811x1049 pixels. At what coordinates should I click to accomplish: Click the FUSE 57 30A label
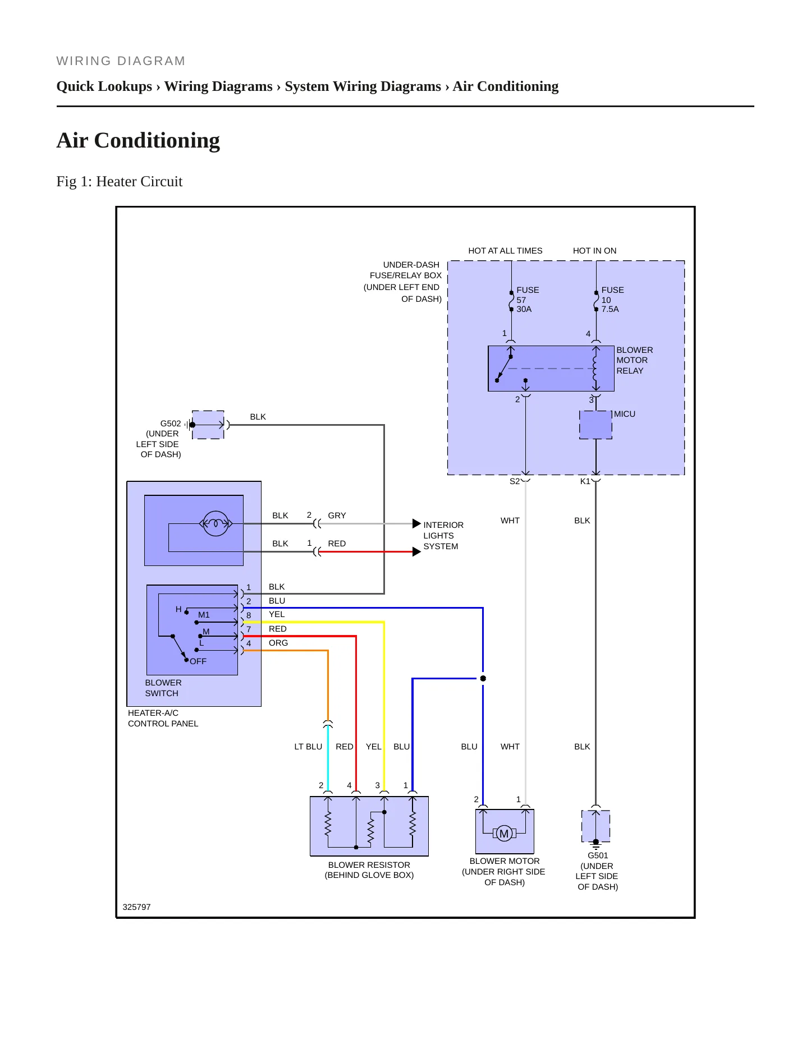click(528, 300)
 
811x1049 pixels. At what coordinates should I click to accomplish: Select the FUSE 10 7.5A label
click(612, 300)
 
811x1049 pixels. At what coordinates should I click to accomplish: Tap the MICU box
click(595, 425)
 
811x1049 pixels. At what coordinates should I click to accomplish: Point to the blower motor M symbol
click(504, 834)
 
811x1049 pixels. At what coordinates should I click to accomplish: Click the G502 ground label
click(171, 424)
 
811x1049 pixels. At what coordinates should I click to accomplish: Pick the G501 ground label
click(598, 855)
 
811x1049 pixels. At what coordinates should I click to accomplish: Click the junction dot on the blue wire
click(483, 678)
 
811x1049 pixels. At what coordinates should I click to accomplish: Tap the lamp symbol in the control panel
click(216, 524)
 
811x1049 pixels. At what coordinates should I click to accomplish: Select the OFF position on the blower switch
click(198, 661)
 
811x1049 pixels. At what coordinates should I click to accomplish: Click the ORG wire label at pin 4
click(278, 643)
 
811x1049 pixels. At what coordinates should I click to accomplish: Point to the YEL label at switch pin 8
click(277, 614)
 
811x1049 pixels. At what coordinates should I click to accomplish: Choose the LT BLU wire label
click(308, 747)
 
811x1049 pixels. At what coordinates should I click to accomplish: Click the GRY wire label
click(337, 516)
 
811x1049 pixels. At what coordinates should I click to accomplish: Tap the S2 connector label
click(515, 481)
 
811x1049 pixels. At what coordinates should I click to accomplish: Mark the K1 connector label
click(585, 481)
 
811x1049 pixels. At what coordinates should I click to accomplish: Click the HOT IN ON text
click(594, 251)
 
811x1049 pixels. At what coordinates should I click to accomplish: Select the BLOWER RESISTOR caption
click(369, 865)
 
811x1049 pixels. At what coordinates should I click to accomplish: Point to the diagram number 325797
click(136, 907)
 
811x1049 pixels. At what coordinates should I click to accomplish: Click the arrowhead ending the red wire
click(416, 552)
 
